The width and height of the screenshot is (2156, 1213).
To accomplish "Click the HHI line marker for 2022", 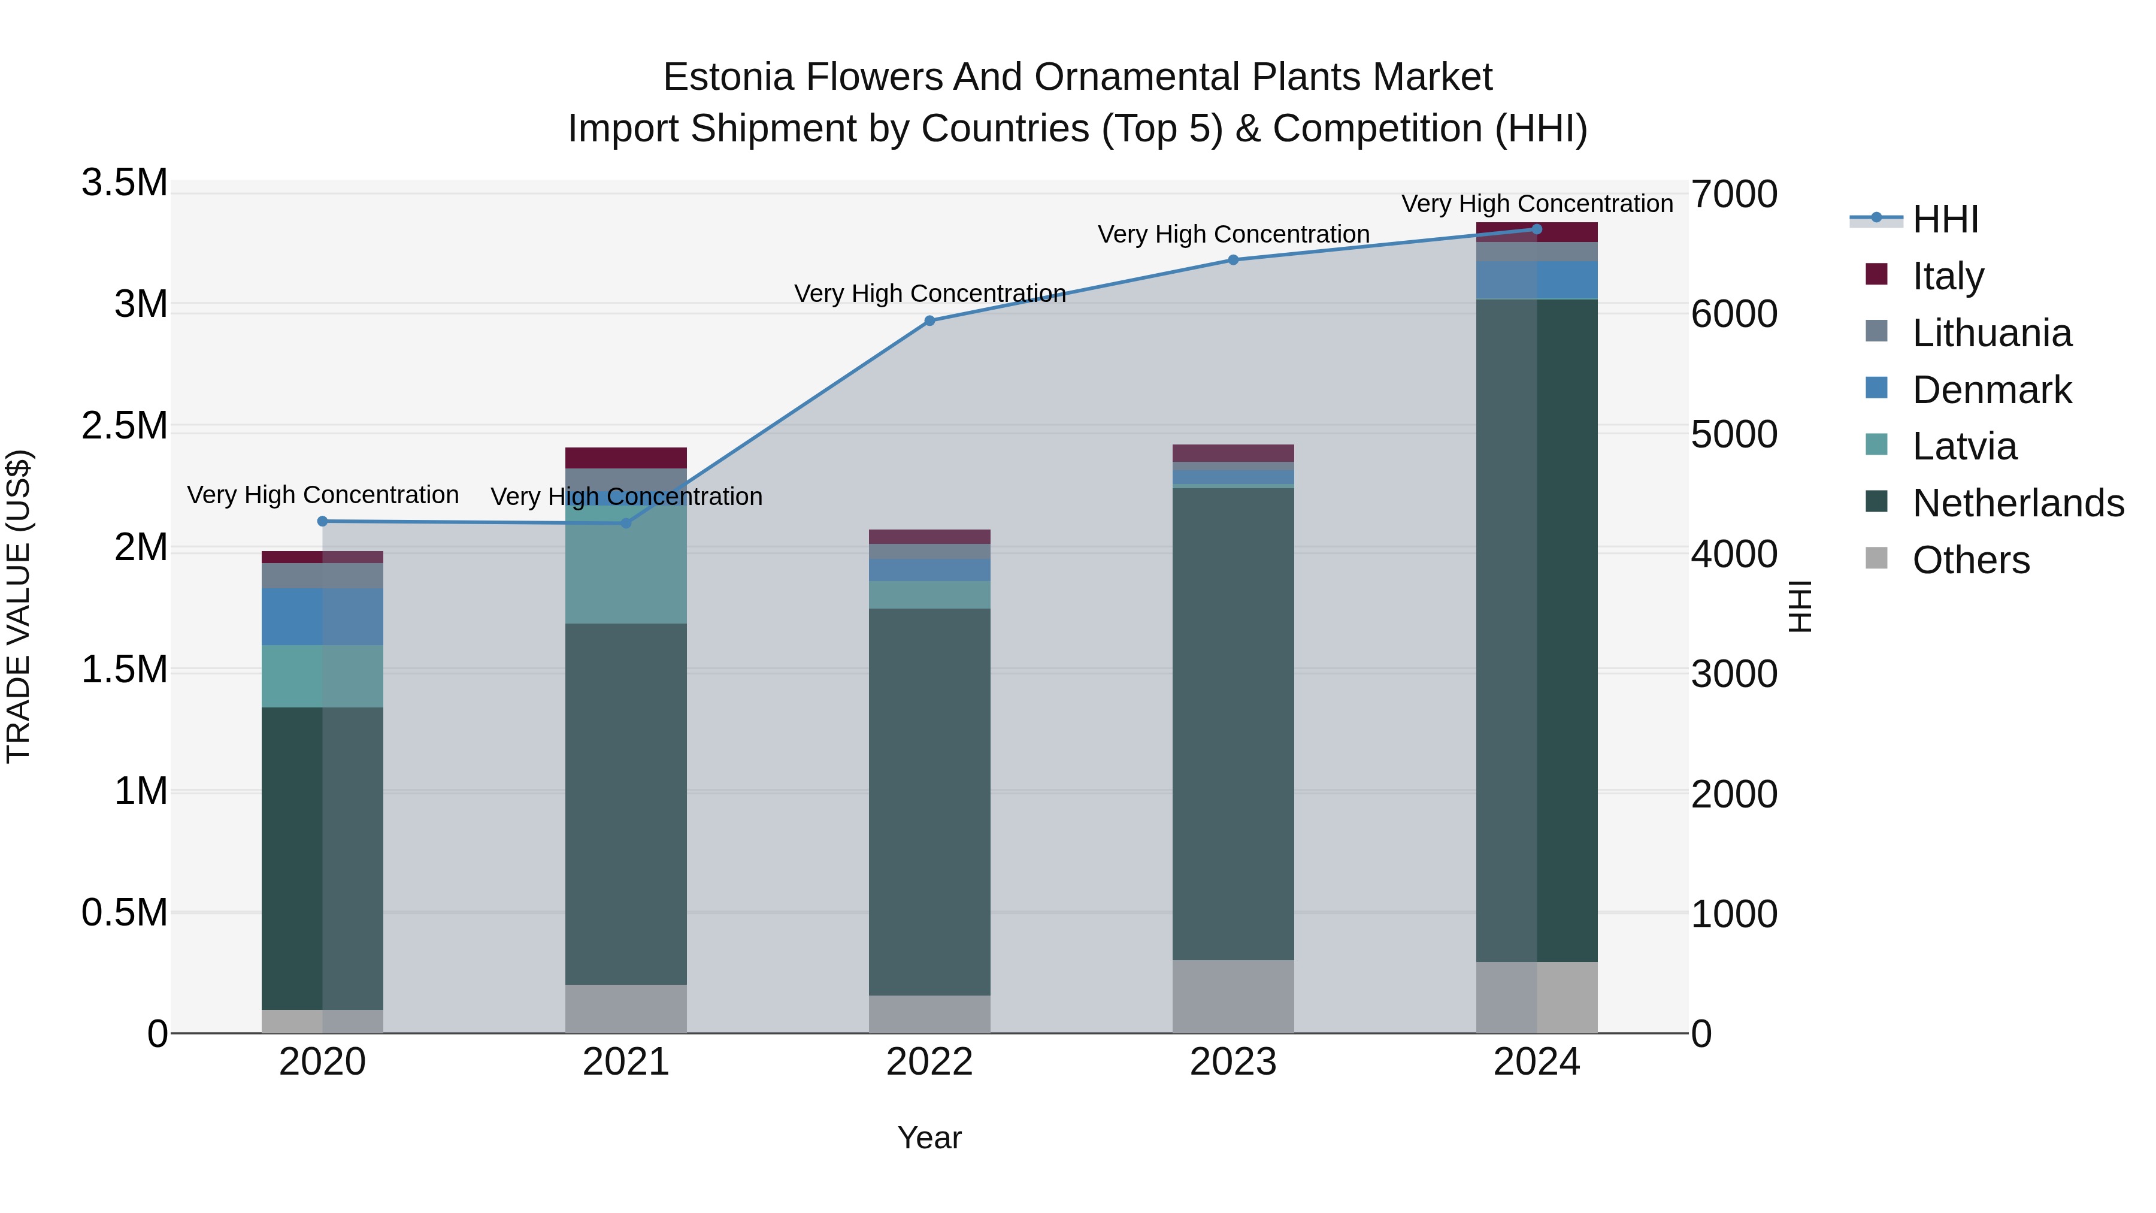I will pos(929,320).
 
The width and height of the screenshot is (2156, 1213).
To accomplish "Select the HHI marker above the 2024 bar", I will pos(1537,229).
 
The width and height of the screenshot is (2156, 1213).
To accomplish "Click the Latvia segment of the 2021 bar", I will pos(626,565).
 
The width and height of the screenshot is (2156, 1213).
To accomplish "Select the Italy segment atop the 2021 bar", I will pos(626,458).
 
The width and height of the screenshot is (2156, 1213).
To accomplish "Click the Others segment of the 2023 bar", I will pos(1233,996).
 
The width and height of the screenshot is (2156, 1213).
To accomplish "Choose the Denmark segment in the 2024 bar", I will pos(1537,280).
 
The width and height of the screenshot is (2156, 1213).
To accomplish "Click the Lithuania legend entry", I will pos(1992,333).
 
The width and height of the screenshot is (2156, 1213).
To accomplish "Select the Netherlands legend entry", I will pos(2018,503).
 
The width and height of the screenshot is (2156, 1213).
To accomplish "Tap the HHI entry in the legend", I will pos(1945,219).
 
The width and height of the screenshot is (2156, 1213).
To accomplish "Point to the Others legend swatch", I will pos(1876,558).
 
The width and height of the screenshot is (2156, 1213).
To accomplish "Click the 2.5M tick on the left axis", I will pos(125,426).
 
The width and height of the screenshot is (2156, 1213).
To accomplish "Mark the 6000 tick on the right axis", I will pos(1733,314).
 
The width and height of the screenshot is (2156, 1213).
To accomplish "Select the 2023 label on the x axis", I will pos(1233,1062).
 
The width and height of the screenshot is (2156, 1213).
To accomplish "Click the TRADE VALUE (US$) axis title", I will pos(19,606).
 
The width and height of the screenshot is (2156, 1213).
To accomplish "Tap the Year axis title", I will pos(929,1138).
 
